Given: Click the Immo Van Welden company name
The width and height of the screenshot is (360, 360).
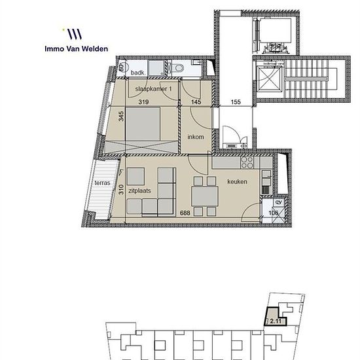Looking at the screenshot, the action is tap(76, 48).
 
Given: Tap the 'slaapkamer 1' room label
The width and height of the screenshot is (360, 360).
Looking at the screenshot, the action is tap(153, 89).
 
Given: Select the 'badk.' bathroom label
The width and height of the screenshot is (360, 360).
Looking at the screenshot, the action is tap(137, 73).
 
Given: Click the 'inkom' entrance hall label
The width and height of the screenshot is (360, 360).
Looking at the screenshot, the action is tap(196, 137).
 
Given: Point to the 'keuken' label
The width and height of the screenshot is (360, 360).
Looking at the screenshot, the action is tap(237, 181).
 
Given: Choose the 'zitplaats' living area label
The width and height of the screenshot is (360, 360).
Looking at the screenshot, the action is tap(139, 190).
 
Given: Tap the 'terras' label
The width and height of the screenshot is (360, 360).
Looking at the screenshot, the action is tap(102, 183).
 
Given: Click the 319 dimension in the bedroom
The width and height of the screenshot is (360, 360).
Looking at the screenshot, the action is tap(143, 101).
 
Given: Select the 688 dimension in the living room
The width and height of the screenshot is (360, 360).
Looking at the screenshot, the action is tap(185, 213).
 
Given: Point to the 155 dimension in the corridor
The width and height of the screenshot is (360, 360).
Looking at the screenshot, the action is tap(236, 101).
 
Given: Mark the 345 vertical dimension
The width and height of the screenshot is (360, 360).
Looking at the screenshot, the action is tap(121, 116).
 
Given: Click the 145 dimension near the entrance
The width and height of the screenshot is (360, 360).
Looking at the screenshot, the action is tap(196, 101).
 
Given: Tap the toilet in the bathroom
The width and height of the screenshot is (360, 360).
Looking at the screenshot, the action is tap(178, 67).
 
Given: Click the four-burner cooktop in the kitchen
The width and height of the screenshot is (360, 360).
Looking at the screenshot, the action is tap(247, 162).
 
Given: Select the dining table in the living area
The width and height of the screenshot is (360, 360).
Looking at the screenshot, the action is tap(205, 196).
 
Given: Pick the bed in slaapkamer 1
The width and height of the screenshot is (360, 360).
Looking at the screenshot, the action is tap(143, 124).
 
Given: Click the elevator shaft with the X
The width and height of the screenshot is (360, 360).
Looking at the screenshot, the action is tap(269, 79).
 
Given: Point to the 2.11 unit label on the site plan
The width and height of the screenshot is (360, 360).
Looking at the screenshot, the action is tap(276, 321).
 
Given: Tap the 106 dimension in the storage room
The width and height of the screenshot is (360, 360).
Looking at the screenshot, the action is tap(274, 213).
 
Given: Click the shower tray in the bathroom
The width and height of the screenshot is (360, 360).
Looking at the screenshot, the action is tap(156, 68).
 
